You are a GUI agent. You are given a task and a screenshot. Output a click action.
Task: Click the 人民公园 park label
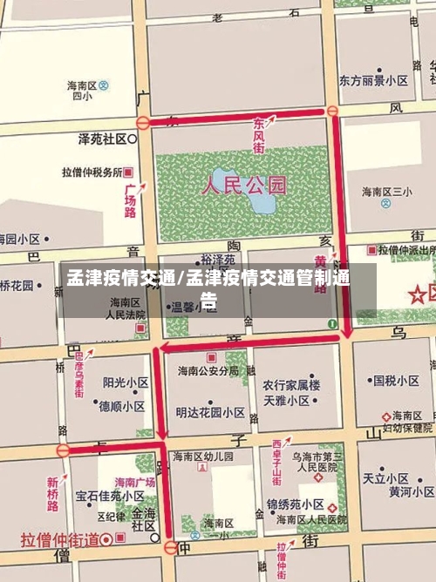(x=244, y=185)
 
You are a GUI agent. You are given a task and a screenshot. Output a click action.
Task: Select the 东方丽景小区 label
(x=373, y=80)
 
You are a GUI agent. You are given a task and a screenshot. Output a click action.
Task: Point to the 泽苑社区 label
(x=103, y=139)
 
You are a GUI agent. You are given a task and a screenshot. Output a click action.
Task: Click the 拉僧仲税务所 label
(x=92, y=173)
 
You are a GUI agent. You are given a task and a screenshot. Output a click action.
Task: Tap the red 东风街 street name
(x=261, y=135)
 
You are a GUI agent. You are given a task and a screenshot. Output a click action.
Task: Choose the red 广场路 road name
(x=131, y=200)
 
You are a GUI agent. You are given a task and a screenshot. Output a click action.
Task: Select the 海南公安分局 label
(x=208, y=370)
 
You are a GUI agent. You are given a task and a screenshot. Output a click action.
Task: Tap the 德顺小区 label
(x=121, y=406)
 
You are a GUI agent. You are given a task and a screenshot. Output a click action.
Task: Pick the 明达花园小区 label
(x=210, y=412)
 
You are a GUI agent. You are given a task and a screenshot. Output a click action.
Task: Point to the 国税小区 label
(x=396, y=381)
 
